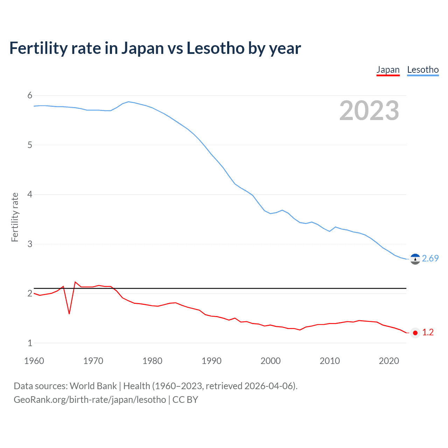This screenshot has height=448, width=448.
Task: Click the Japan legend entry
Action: (388, 70)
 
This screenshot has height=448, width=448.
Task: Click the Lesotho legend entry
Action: (423, 70)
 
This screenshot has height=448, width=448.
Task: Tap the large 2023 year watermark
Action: (369, 111)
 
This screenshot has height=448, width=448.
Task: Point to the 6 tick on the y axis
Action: (30, 96)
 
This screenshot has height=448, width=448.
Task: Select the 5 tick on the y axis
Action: (30, 145)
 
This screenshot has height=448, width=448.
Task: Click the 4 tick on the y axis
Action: (30, 194)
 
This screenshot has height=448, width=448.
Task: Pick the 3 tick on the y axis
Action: (30, 244)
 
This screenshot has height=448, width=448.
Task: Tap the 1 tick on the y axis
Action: (30, 343)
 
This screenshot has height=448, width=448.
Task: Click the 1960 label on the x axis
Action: (34, 361)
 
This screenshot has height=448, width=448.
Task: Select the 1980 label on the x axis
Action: (152, 361)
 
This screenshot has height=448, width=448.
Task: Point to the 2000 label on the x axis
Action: (271, 361)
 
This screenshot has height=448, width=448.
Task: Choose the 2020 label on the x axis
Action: (389, 361)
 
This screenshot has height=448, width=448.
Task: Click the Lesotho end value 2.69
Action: (430, 258)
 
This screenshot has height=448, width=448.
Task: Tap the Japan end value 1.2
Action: (428, 332)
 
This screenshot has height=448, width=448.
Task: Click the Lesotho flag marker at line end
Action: (415, 259)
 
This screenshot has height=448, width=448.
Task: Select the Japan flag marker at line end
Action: (415, 333)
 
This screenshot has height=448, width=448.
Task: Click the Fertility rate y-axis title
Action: (15, 217)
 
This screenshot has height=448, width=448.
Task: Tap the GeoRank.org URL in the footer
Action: (90, 400)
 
